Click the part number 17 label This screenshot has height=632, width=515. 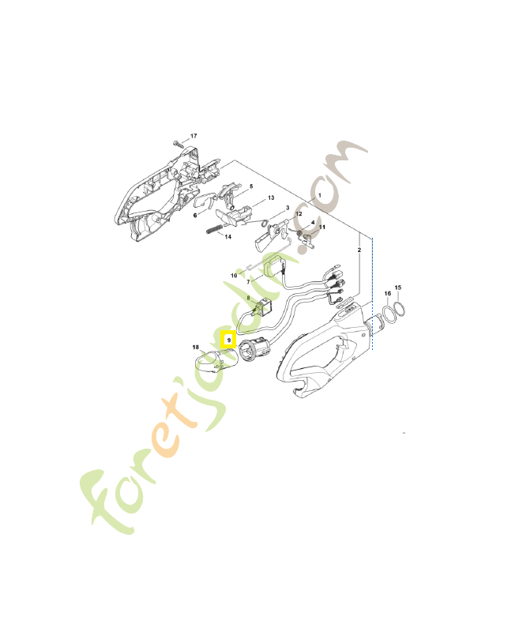pos(194,136)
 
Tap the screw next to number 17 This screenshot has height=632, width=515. pos(177,143)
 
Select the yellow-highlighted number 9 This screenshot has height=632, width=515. pos(229,340)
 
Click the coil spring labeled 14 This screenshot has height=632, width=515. pos(214,229)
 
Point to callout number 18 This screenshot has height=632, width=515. pos(195,347)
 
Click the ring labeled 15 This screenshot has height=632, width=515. pos(400,309)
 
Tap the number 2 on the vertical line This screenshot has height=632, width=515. pos(359,250)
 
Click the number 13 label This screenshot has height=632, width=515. pos(271,197)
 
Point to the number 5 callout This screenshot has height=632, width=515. pos(251,186)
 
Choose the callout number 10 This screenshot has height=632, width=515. pos(234,275)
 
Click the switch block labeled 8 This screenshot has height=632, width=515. pos(263,308)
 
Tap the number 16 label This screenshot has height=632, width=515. pos(387,293)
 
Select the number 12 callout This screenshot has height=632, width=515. pos(299,213)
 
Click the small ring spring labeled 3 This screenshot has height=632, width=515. pos(264,223)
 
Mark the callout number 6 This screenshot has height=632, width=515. pos(195,215)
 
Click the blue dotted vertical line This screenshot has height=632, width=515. pos(372,294)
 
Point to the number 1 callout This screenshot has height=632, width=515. pos(320,195)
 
